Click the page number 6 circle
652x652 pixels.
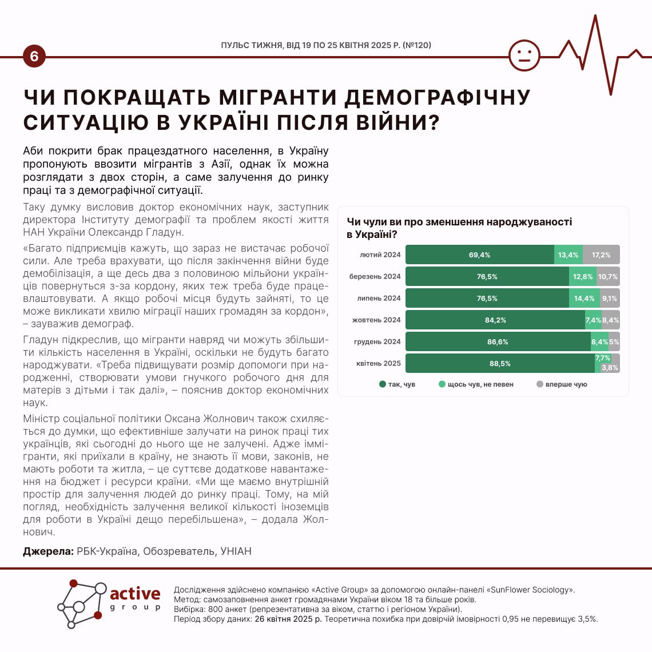click(x=34, y=57)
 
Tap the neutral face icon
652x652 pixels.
click(x=524, y=55)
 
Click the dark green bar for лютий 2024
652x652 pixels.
click(x=479, y=255)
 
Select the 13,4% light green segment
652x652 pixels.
click(x=568, y=255)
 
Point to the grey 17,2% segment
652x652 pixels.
click(x=601, y=255)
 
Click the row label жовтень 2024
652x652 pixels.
click(x=376, y=320)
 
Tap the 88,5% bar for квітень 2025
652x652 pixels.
click(x=500, y=364)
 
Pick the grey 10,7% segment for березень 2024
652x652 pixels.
click(x=608, y=277)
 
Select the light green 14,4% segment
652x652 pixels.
click(x=585, y=299)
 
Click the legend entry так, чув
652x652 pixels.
click(x=397, y=384)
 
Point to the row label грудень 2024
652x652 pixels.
click(x=377, y=342)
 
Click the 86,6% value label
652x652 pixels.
click(x=498, y=342)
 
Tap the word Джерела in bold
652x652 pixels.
click(x=48, y=551)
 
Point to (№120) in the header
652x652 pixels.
click(x=417, y=45)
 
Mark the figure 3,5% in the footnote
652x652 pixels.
click(x=587, y=618)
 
